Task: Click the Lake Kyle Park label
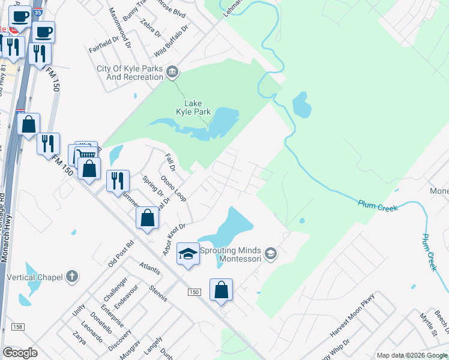pos(191,107)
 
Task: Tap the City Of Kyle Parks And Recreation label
pos(130,73)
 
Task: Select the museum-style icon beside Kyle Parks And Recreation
pos(172,73)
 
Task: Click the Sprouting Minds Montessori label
pos(232,254)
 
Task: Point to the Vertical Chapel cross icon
pos(72,277)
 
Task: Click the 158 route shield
pos(17,327)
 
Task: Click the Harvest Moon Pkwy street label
pos(353,315)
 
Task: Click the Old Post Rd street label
pos(121,254)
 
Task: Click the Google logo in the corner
pos(20,353)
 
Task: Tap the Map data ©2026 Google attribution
pos(412,355)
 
